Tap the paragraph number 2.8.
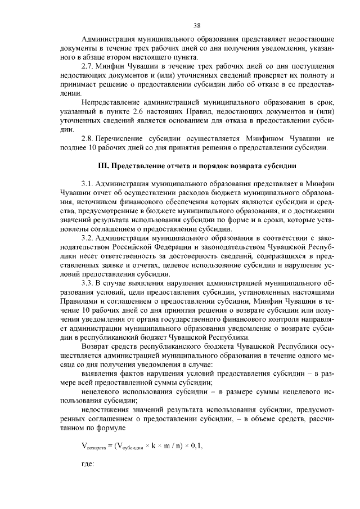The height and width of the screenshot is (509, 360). coord(88,138)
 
